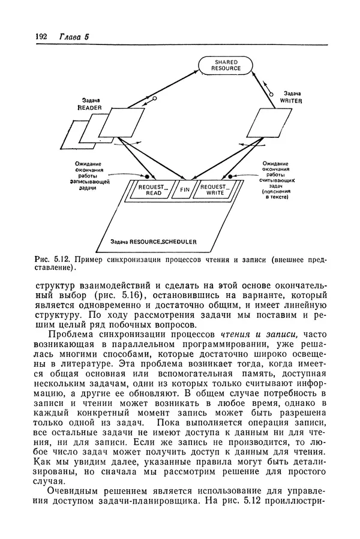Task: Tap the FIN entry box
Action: pyautogui.click(x=184, y=191)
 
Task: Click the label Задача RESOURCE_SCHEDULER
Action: pyautogui.click(x=154, y=242)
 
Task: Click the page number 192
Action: pyautogui.click(x=41, y=37)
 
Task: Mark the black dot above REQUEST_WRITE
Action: pyautogui.click(x=230, y=177)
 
